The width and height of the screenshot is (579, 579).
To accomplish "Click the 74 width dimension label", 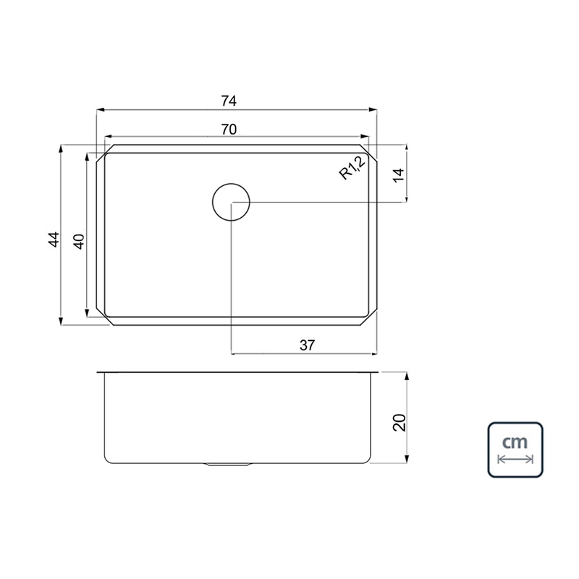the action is point(229,101).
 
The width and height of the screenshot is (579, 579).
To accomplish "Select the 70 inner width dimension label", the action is point(229,130).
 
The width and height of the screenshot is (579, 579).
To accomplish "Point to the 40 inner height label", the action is point(80,242).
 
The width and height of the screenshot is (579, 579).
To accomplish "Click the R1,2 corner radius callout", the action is point(352,168).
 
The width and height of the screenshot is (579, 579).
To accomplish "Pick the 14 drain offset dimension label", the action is point(399,175).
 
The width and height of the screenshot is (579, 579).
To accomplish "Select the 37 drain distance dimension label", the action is point(307,345).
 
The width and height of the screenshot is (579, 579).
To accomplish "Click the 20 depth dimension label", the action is point(400,423).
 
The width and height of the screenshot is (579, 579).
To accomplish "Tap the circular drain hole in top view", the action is point(231,184).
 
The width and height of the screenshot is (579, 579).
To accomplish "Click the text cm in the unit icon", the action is point(515,441).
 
